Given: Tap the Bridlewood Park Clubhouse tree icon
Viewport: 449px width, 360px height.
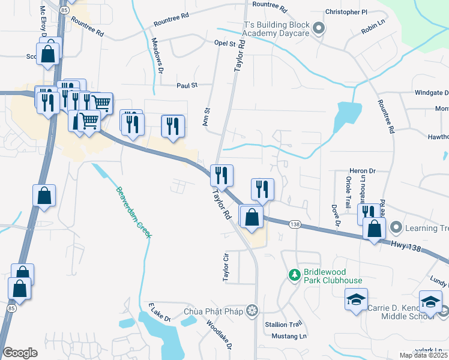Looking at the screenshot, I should tap(294, 275).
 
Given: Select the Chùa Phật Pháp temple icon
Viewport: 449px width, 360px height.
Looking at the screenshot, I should tap(253, 310).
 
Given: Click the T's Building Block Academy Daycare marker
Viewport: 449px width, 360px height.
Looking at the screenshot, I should tap(319, 28).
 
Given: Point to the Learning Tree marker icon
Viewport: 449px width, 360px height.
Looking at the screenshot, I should tap(396, 227).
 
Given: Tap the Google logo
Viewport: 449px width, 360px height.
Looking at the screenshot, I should tap(20, 353).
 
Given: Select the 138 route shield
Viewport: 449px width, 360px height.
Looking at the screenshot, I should tap(294, 224).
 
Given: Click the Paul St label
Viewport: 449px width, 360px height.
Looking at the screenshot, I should tap(187, 86).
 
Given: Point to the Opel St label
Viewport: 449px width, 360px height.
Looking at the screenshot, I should tap(224, 44).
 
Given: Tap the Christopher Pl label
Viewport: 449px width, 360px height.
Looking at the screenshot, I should tap(346, 12).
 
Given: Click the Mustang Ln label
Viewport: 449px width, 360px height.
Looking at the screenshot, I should tap(289, 335).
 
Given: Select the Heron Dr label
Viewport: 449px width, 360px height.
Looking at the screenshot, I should tap(363, 171).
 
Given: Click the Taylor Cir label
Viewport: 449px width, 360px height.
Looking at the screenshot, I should tap(226, 267).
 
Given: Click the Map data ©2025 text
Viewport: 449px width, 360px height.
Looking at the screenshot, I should tap(424, 355).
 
